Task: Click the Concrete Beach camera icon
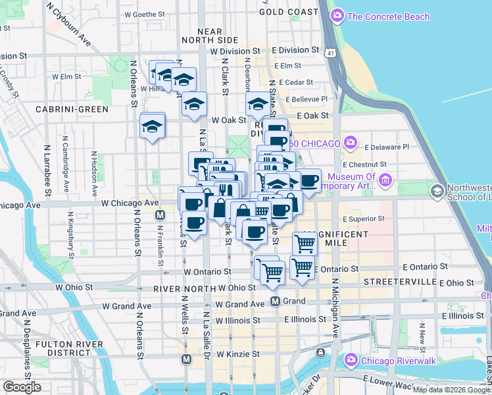[338, 15]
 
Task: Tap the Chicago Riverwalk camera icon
[351, 359]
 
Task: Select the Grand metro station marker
[276, 301]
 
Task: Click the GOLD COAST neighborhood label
[289, 12]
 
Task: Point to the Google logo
[22, 387]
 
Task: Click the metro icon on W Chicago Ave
[159, 215]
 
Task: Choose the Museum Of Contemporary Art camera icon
[385, 180]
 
